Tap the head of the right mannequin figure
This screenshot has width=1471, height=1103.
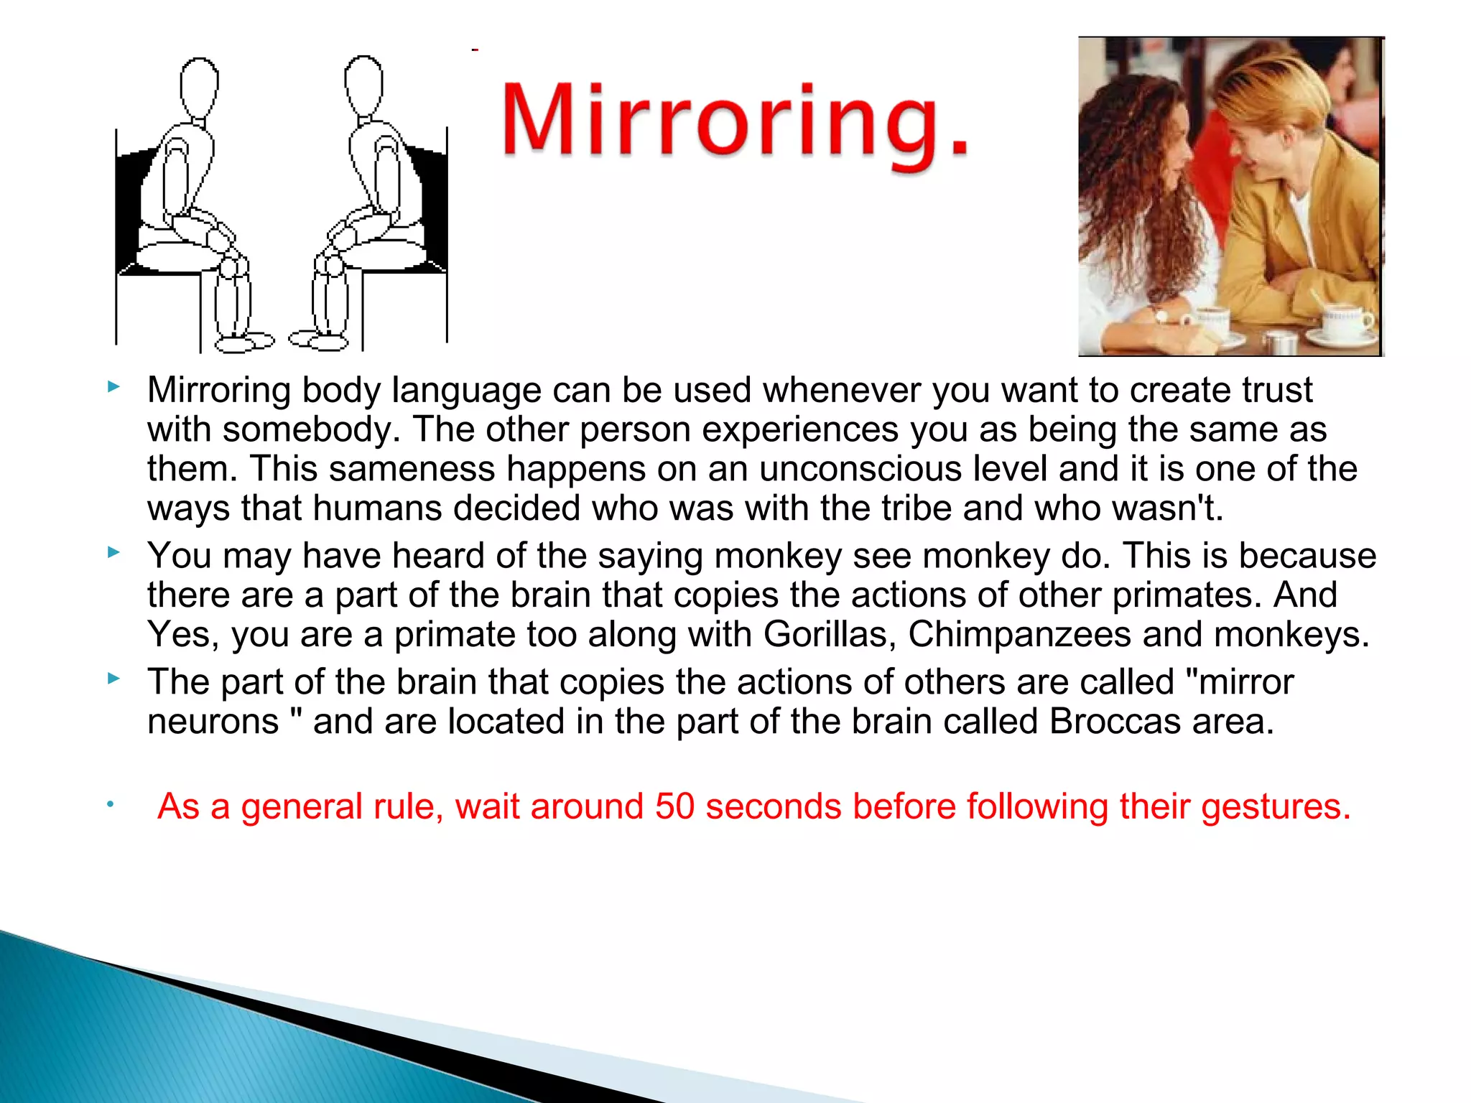click(x=363, y=85)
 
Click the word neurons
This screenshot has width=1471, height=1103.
click(x=213, y=721)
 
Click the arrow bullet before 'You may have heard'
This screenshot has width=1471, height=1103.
click(x=113, y=552)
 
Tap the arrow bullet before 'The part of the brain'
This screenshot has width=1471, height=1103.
click(x=113, y=678)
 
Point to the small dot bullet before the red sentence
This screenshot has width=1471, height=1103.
click(x=111, y=804)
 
